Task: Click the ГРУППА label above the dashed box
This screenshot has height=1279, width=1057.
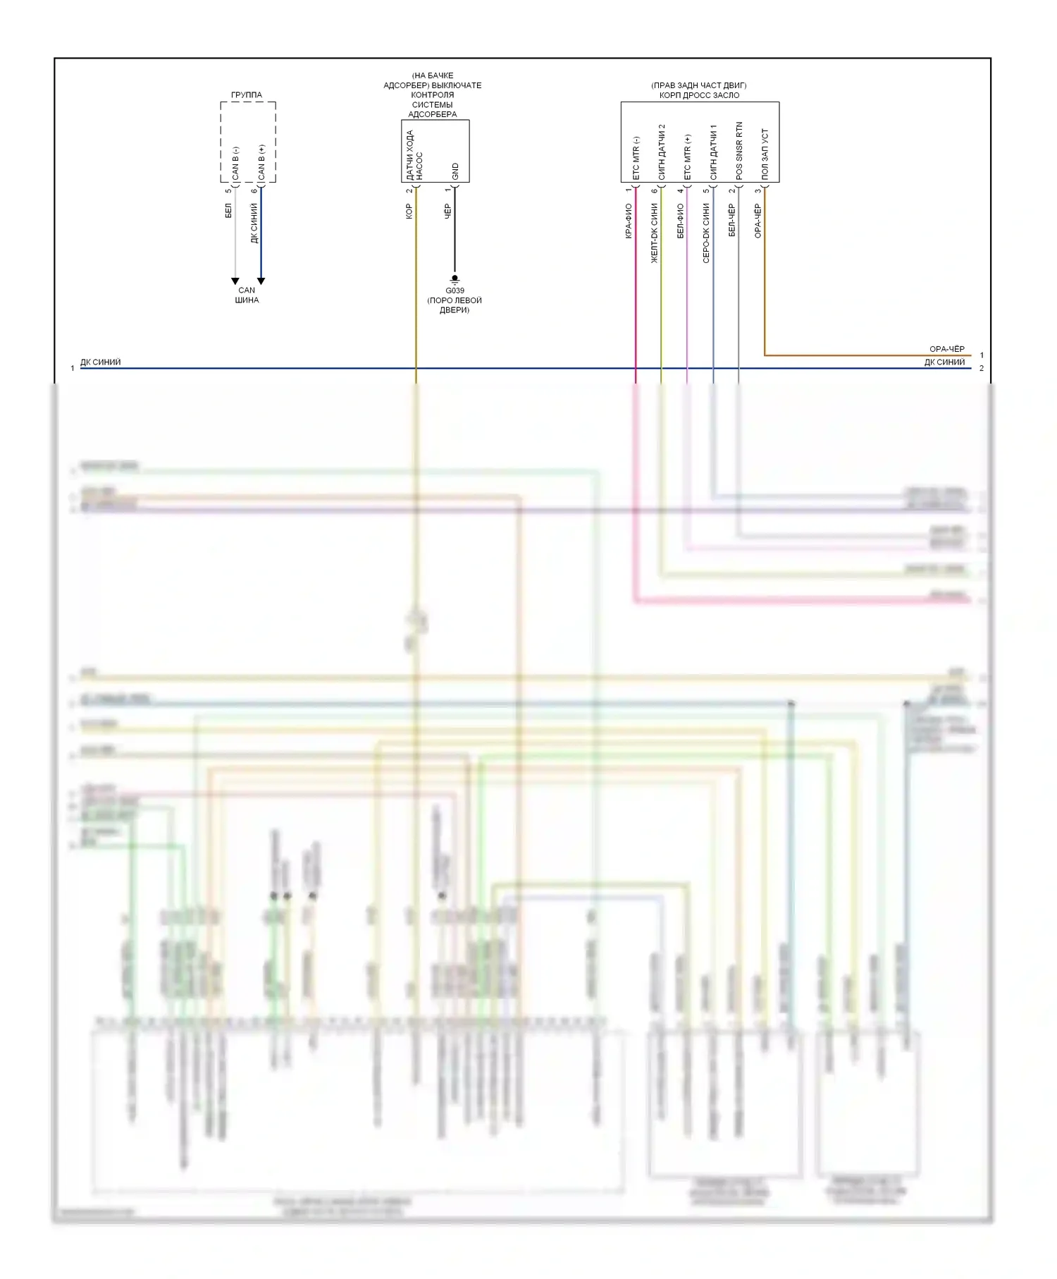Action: point(246,94)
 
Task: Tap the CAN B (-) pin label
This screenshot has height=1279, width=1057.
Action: point(235,163)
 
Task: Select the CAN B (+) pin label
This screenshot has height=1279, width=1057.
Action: point(261,162)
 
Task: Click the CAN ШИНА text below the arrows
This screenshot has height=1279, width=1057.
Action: point(247,295)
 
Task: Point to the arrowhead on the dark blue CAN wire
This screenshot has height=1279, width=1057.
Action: point(261,281)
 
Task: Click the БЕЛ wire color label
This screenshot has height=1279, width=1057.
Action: point(228,210)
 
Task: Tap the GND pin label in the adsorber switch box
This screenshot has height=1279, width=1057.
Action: point(455,171)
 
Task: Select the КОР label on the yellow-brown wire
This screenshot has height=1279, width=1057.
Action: point(409,211)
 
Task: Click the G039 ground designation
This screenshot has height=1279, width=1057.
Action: point(455,290)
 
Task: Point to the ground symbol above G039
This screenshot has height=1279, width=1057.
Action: point(455,279)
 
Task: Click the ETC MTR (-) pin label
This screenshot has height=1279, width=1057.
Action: point(636,158)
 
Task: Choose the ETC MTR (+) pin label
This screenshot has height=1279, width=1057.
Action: point(687,157)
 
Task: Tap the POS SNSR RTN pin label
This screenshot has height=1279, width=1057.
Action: point(738,150)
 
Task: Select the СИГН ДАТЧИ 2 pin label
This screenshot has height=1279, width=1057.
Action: point(661,152)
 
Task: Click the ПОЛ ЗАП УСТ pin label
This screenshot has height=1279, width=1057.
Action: point(765,154)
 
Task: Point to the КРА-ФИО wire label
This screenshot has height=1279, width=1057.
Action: point(628,221)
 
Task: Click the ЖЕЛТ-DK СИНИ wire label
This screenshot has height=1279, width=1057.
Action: point(654,233)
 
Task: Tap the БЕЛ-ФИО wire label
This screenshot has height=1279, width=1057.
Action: point(680,220)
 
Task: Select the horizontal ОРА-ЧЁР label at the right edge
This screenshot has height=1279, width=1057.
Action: point(946,349)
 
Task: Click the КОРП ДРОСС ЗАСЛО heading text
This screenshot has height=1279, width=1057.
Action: point(699,95)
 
